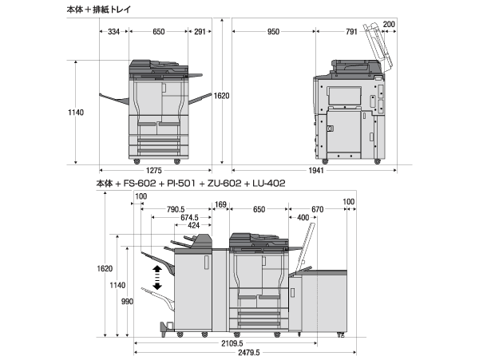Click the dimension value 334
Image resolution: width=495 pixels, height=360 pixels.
(113, 32)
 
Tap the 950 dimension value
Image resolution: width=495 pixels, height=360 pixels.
(273, 32)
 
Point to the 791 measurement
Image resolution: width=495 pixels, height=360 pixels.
(351, 32)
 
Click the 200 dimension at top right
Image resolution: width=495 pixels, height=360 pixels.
(389, 23)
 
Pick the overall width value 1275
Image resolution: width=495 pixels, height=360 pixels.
(154, 170)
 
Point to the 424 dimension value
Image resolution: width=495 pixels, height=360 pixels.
(193, 225)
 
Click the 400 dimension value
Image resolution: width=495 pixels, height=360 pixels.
(303, 217)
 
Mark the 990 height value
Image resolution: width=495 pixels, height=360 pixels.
(128, 302)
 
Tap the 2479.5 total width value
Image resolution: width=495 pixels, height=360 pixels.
(244, 352)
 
